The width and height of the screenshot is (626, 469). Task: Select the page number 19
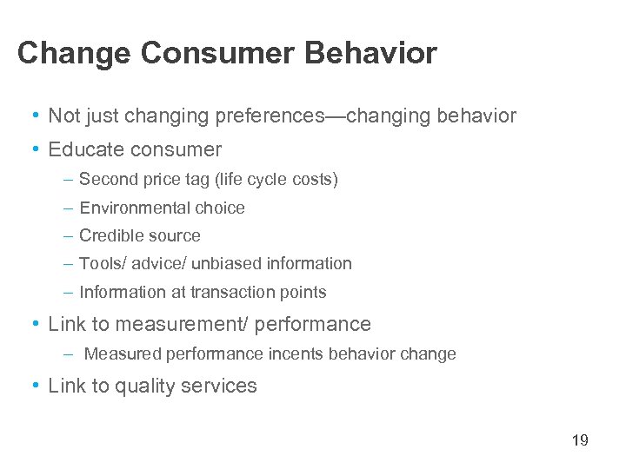580,440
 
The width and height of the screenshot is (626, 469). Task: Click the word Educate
83,149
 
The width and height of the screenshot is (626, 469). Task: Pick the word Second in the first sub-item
103,180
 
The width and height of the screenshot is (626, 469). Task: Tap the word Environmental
131,208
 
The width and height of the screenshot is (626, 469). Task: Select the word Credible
109,235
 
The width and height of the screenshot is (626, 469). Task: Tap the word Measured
118,354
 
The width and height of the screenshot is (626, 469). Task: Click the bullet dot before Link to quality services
34,386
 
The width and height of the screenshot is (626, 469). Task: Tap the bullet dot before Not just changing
34,116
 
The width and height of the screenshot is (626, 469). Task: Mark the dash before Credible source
68,235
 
